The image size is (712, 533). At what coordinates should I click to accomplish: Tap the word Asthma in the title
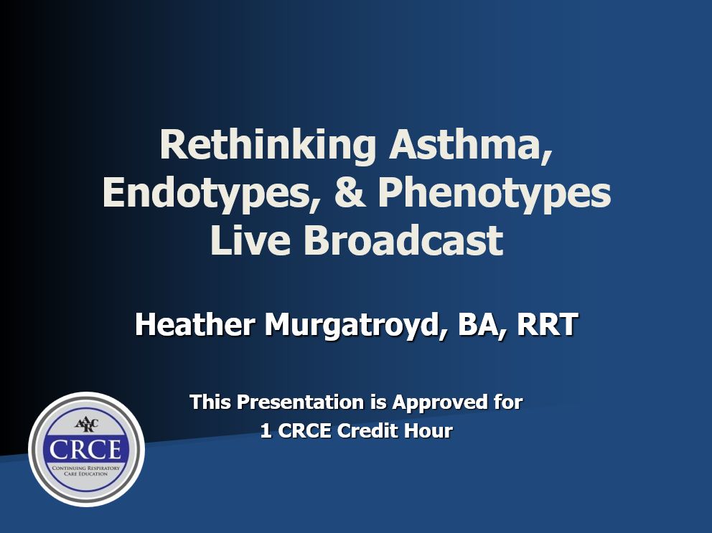pos(471,146)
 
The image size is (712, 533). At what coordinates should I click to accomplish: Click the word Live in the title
pos(250,240)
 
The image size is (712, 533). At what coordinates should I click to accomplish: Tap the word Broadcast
pos(403,240)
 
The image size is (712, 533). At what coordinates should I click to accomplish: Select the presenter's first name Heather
pos(195,324)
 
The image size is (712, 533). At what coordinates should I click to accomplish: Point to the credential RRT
pos(547,324)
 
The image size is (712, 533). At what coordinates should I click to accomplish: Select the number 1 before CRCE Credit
pos(266,431)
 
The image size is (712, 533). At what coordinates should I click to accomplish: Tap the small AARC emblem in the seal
pos(86,425)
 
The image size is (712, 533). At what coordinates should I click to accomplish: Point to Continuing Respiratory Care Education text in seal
pos(86,471)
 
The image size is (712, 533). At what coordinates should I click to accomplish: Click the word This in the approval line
pos(210,402)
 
